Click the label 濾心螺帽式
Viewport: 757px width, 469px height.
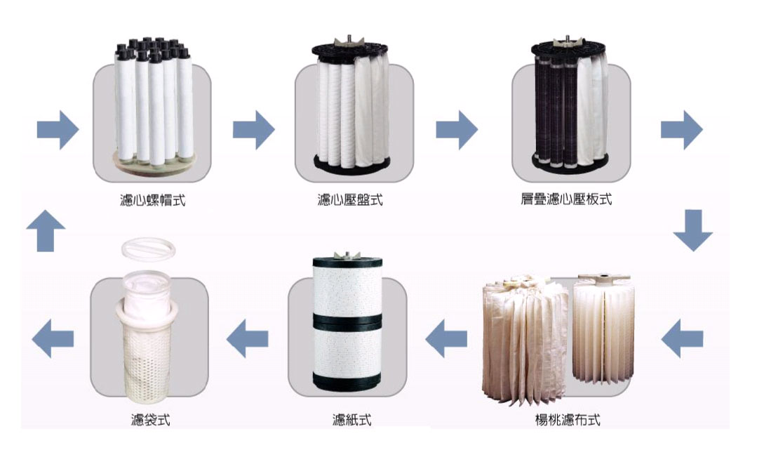tap(152, 200)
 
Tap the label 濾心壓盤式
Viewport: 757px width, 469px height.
tap(350, 200)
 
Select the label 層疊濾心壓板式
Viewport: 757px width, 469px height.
tap(565, 199)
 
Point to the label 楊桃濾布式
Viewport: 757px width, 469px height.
tap(568, 419)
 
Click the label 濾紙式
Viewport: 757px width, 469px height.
tap(352, 419)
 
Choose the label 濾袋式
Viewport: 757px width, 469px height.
tap(151, 419)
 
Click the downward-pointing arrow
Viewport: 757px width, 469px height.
tap(692, 230)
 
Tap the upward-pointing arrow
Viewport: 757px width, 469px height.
tap(46, 230)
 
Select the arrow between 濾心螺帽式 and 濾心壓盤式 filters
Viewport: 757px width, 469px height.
tap(254, 129)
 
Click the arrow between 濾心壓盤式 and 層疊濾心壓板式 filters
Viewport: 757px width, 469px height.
tap(457, 129)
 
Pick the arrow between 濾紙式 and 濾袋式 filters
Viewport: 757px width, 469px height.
tap(247, 338)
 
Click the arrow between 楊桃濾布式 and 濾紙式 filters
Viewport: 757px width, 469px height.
tap(446, 338)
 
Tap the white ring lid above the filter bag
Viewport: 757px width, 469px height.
tap(148, 249)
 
